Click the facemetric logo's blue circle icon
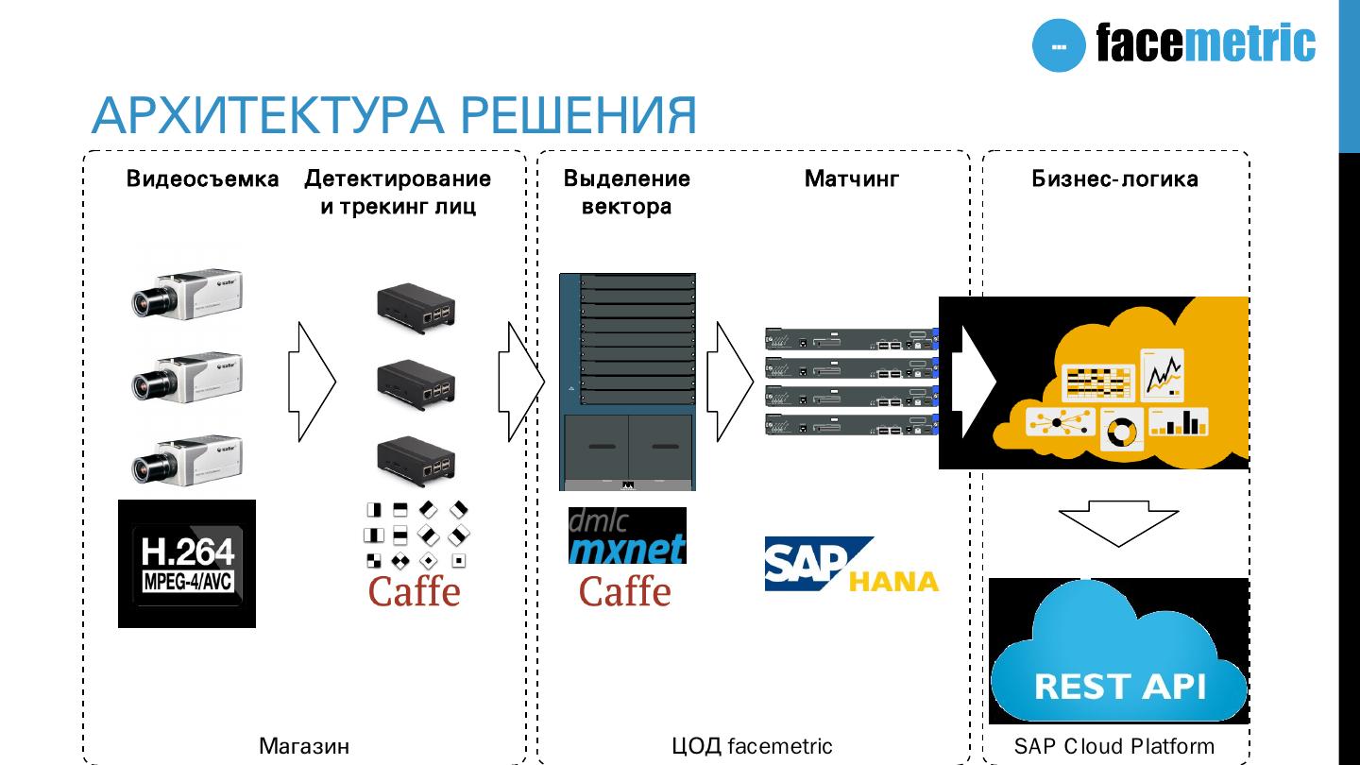pyautogui.click(x=1059, y=45)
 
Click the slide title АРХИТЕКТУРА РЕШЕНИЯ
pyautogui.click(x=394, y=115)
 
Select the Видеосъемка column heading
pyautogui.click(x=203, y=178)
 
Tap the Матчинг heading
pyautogui.click(x=852, y=178)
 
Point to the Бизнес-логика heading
pyautogui.click(x=1114, y=178)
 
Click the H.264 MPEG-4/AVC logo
pyautogui.click(x=187, y=564)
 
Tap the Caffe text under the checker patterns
pyautogui.click(x=414, y=591)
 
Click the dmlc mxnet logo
pyautogui.click(x=627, y=535)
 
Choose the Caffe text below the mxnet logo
pyautogui.click(x=624, y=591)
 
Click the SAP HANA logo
pyautogui.click(x=850, y=565)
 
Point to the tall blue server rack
pyautogui.click(x=627, y=382)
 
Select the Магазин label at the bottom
pyautogui.click(x=304, y=746)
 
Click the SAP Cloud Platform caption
pyautogui.click(x=1114, y=746)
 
